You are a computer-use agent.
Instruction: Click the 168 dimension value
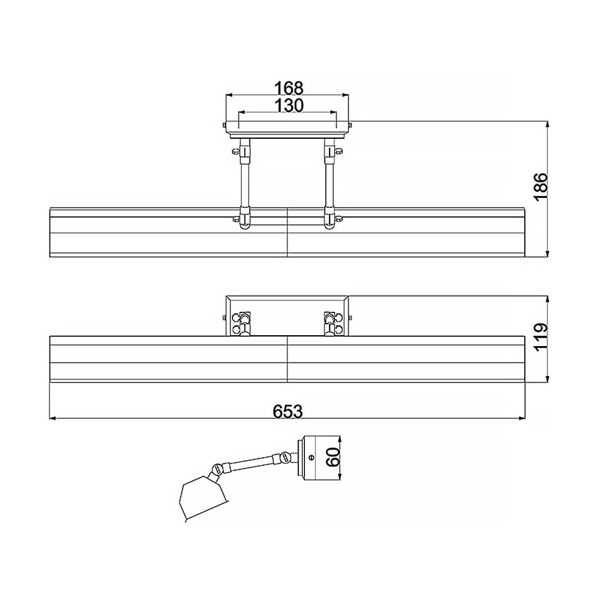(x=289, y=88)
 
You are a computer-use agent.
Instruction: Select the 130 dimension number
(x=289, y=105)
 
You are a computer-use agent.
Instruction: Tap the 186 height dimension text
(x=541, y=187)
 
